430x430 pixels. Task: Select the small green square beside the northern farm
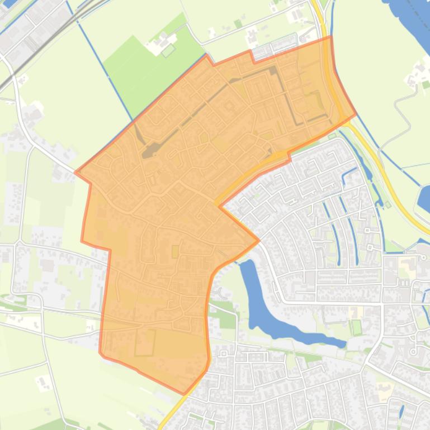pyautogui.click(x=168, y=51)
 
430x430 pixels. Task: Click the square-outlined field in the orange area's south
pyautogui.click(x=144, y=342)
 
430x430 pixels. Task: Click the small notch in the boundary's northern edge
pyautogui.click(x=252, y=55)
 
